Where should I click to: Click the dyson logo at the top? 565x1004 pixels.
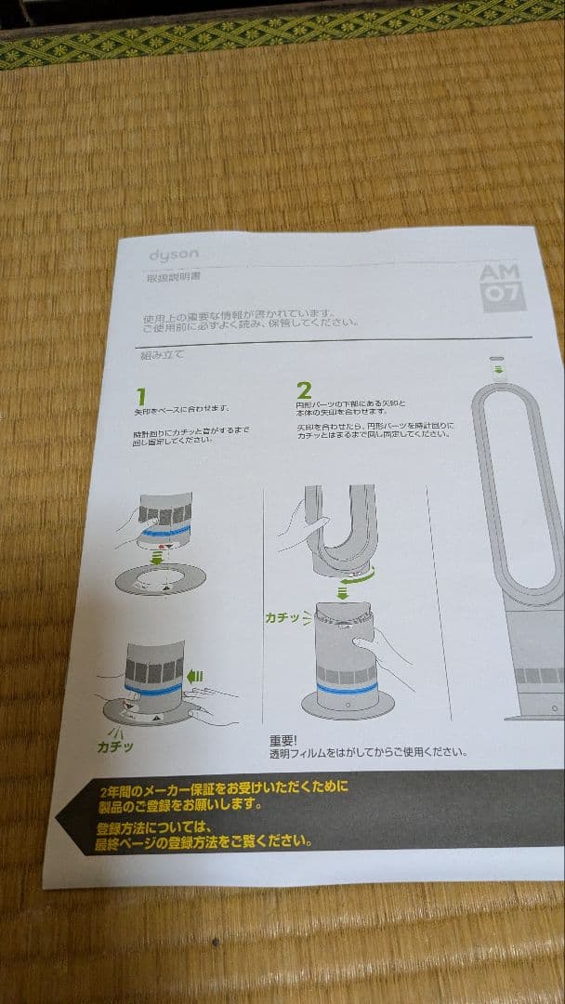pyautogui.click(x=173, y=255)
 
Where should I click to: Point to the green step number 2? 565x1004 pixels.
pyautogui.click(x=305, y=390)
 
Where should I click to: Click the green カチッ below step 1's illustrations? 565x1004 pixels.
pyautogui.click(x=117, y=746)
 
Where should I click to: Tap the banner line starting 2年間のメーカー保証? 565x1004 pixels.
pyautogui.click(x=223, y=788)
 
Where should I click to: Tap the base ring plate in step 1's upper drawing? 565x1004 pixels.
pyautogui.click(x=159, y=581)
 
